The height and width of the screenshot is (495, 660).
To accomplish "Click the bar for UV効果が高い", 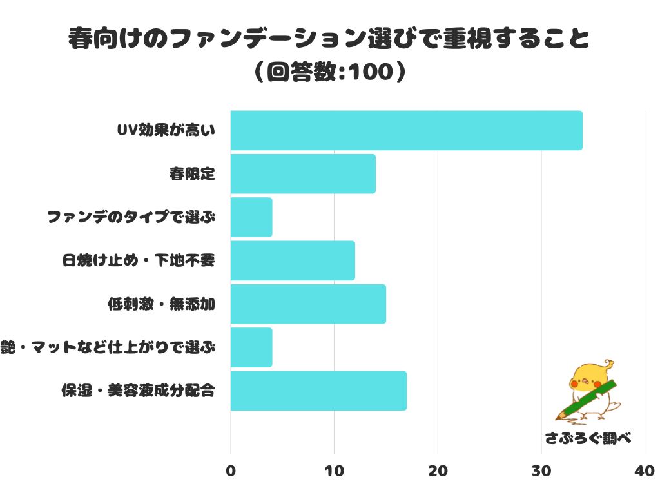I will (x=406, y=131).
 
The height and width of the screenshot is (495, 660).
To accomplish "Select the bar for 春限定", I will (x=303, y=174).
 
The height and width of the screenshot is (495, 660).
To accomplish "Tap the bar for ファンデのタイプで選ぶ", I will (x=251, y=217).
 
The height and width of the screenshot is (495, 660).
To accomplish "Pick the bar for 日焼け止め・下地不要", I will (x=293, y=260).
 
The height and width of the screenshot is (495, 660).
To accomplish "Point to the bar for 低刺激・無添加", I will (x=308, y=304).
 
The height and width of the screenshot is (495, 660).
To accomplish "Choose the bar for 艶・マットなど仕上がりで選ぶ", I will (x=251, y=347).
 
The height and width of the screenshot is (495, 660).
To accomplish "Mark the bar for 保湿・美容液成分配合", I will (x=318, y=391).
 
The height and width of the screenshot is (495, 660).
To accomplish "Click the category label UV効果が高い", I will (x=165, y=131).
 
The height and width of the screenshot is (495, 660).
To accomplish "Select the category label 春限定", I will (x=191, y=174).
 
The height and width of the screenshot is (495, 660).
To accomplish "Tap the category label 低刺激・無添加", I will (x=160, y=304).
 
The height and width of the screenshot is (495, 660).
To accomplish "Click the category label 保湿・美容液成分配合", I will (x=137, y=391).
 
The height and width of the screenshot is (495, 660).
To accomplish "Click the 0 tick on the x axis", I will (x=231, y=471).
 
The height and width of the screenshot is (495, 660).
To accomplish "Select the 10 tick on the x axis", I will (x=334, y=471).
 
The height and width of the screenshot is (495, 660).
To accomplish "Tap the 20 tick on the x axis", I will (x=438, y=471).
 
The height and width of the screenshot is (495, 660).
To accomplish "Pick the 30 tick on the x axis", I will (x=541, y=471).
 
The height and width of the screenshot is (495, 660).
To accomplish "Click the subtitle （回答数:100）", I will (x=329, y=72).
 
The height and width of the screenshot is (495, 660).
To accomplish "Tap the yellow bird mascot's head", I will (x=588, y=377).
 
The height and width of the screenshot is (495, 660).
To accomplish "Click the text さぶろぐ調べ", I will (x=587, y=438).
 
